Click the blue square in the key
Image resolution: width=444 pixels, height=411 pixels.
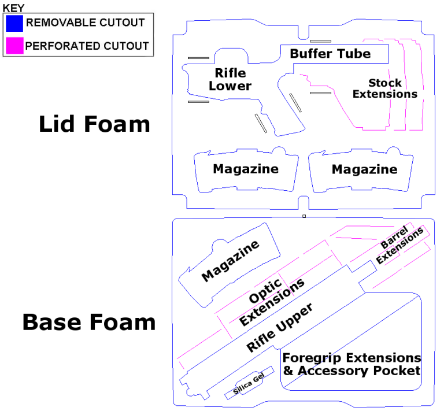coord(14,23)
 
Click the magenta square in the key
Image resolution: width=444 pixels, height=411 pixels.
coord(14,45)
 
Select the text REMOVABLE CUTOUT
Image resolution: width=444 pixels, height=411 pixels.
coord(86,23)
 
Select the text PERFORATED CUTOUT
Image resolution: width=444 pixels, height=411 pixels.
coord(87,45)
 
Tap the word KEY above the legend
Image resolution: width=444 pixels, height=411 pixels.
coord(14,8)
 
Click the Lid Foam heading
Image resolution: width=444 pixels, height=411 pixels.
coord(94,124)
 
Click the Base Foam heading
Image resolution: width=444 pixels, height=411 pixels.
coord(89,322)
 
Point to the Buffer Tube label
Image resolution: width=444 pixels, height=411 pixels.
coord(330,54)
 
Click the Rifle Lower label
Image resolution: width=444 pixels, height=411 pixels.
coord(230,80)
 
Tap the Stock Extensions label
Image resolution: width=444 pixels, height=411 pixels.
coord(385,88)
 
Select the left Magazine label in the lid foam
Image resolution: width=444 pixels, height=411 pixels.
coord(246,169)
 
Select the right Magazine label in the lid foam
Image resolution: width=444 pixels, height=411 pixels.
coord(364,169)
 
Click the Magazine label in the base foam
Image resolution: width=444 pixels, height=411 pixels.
coord(230,262)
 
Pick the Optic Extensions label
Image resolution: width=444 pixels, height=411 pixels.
coord(271,301)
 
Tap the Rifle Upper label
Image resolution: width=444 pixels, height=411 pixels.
coord(280,328)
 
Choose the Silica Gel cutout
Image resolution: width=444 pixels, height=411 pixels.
coord(249,384)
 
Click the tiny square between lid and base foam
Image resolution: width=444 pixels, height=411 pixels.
coord(304,216)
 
